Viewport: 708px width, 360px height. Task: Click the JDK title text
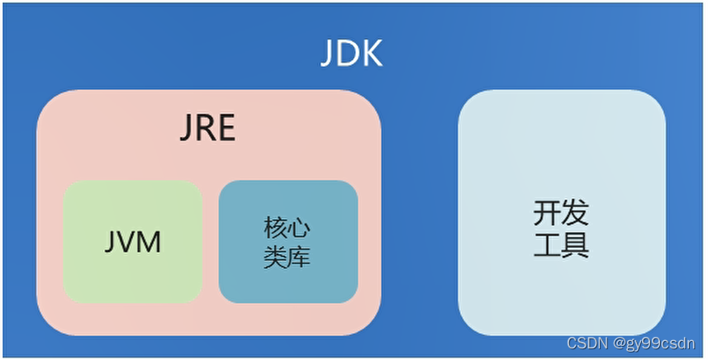(x=351, y=55)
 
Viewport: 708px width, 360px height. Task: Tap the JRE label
(x=207, y=129)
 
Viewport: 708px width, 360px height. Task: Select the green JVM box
(x=132, y=241)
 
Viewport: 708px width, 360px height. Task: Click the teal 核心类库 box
(x=287, y=241)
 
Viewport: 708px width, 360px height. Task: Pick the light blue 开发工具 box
(x=561, y=212)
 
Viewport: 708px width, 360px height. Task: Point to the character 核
(x=275, y=227)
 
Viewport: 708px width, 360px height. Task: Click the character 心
(x=300, y=227)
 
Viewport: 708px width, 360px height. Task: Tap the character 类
(x=275, y=257)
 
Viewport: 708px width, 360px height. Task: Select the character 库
(x=300, y=257)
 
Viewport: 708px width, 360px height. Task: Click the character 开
(x=547, y=213)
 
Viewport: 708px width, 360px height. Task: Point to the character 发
(x=575, y=213)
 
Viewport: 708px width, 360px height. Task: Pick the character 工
(x=547, y=245)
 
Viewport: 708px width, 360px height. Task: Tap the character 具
(x=575, y=245)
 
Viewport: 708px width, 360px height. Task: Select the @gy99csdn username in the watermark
(x=654, y=343)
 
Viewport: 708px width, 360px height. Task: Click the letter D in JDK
(x=350, y=55)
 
